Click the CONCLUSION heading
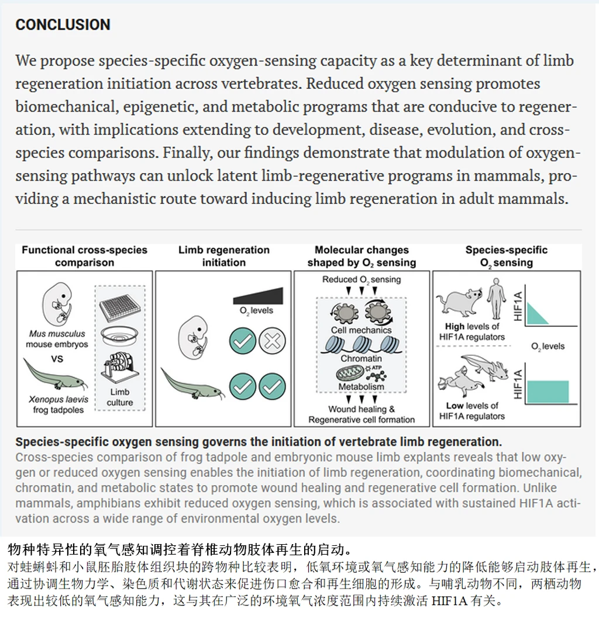coord(63,25)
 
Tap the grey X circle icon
coord(272,340)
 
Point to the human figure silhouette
coord(497,298)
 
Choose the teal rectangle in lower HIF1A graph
coord(548,391)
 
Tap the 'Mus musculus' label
coord(57,334)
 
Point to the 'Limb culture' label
coord(119,397)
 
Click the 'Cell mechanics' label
coord(361,330)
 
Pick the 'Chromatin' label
coord(361,358)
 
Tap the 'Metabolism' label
coord(361,386)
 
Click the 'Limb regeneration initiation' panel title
coord(223,256)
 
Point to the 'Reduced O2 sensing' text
coord(361,279)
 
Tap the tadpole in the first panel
coord(56,377)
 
